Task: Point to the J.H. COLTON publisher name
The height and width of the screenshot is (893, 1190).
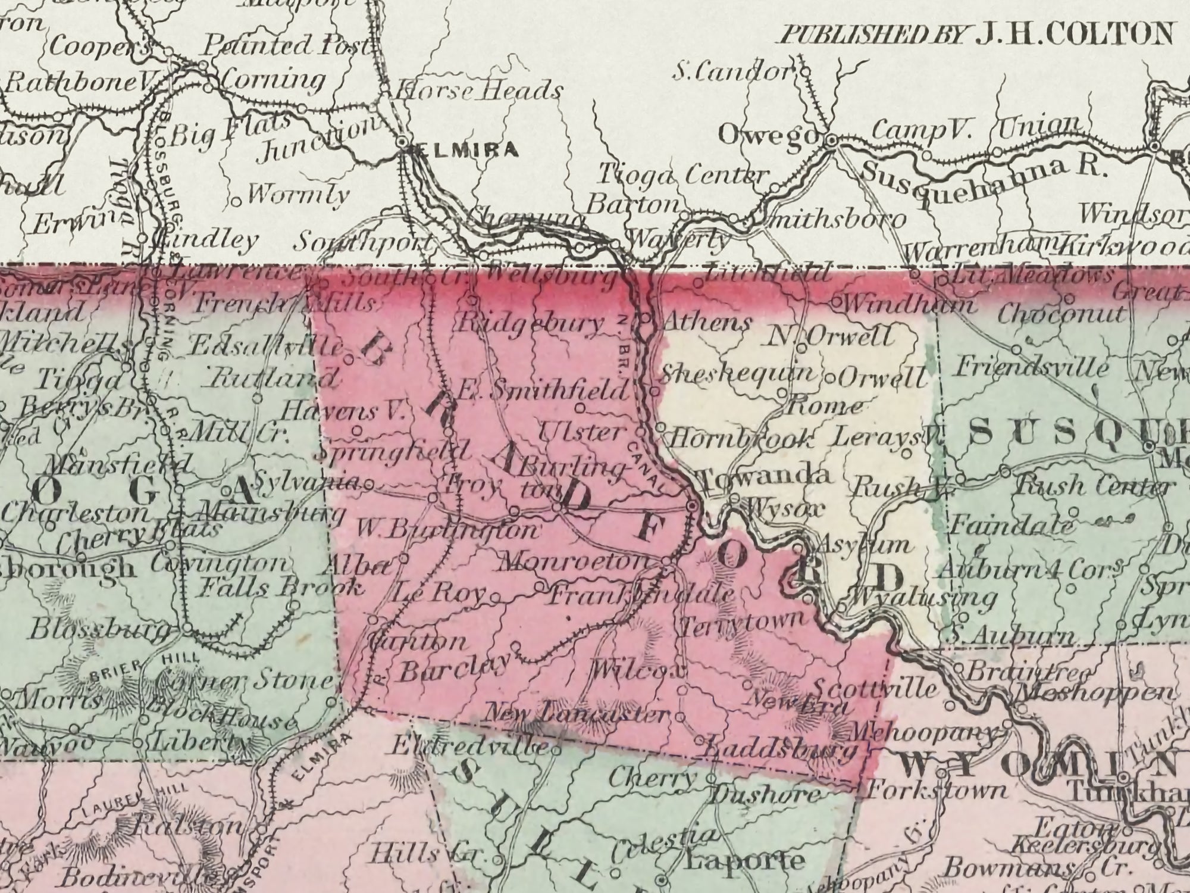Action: point(1075,34)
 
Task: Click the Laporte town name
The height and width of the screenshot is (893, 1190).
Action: point(744,861)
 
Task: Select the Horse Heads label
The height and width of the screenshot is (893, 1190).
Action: point(479,91)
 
